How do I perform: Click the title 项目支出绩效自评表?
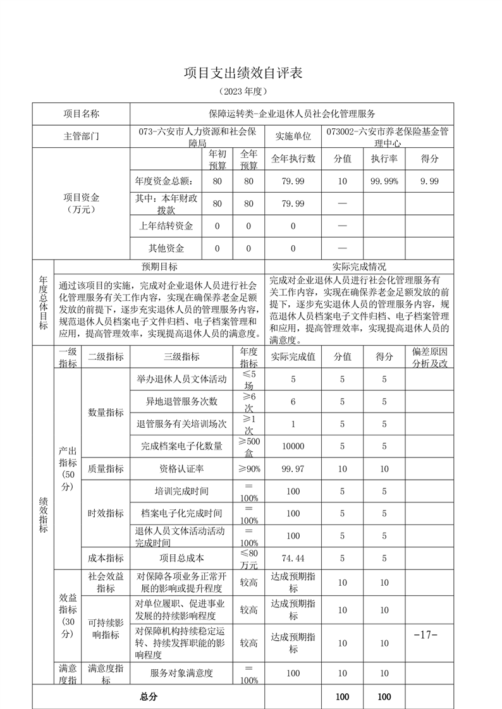(243, 73)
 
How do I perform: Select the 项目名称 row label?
(81, 114)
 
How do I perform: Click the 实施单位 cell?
(293, 136)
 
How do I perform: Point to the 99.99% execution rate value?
(384, 181)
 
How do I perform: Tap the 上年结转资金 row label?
(166, 226)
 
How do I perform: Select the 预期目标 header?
(159, 267)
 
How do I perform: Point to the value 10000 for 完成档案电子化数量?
(293, 446)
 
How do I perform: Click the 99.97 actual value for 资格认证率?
(293, 469)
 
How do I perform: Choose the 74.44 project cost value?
(293, 559)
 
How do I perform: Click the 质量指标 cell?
(106, 469)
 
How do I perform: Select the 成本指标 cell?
(106, 559)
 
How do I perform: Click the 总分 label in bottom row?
(149, 697)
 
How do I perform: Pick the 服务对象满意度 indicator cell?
(181, 674)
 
